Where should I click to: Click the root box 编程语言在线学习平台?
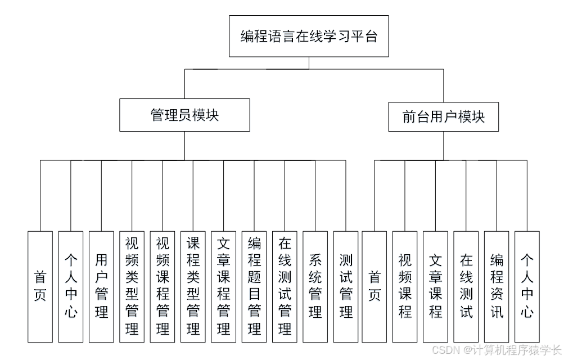click(x=309, y=37)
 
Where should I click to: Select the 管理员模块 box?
click(x=184, y=115)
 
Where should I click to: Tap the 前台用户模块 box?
click(x=443, y=116)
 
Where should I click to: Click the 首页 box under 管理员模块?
click(x=40, y=286)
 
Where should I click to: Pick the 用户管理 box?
click(x=101, y=286)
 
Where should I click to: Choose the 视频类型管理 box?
click(x=132, y=286)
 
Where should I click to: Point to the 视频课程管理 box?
click(x=163, y=286)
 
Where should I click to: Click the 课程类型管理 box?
click(x=193, y=286)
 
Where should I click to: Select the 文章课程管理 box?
click(x=224, y=286)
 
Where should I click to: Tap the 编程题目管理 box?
click(x=254, y=286)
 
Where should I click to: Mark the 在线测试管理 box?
click(x=285, y=286)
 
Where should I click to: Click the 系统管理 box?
click(x=315, y=286)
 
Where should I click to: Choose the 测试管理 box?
click(x=346, y=286)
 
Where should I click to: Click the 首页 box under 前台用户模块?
click(x=375, y=286)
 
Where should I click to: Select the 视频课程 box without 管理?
click(x=405, y=286)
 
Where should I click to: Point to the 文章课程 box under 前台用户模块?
click(x=436, y=286)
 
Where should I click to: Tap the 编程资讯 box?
click(x=497, y=286)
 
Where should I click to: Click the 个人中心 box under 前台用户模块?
click(x=527, y=286)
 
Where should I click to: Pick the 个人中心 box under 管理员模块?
click(x=71, y=286)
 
